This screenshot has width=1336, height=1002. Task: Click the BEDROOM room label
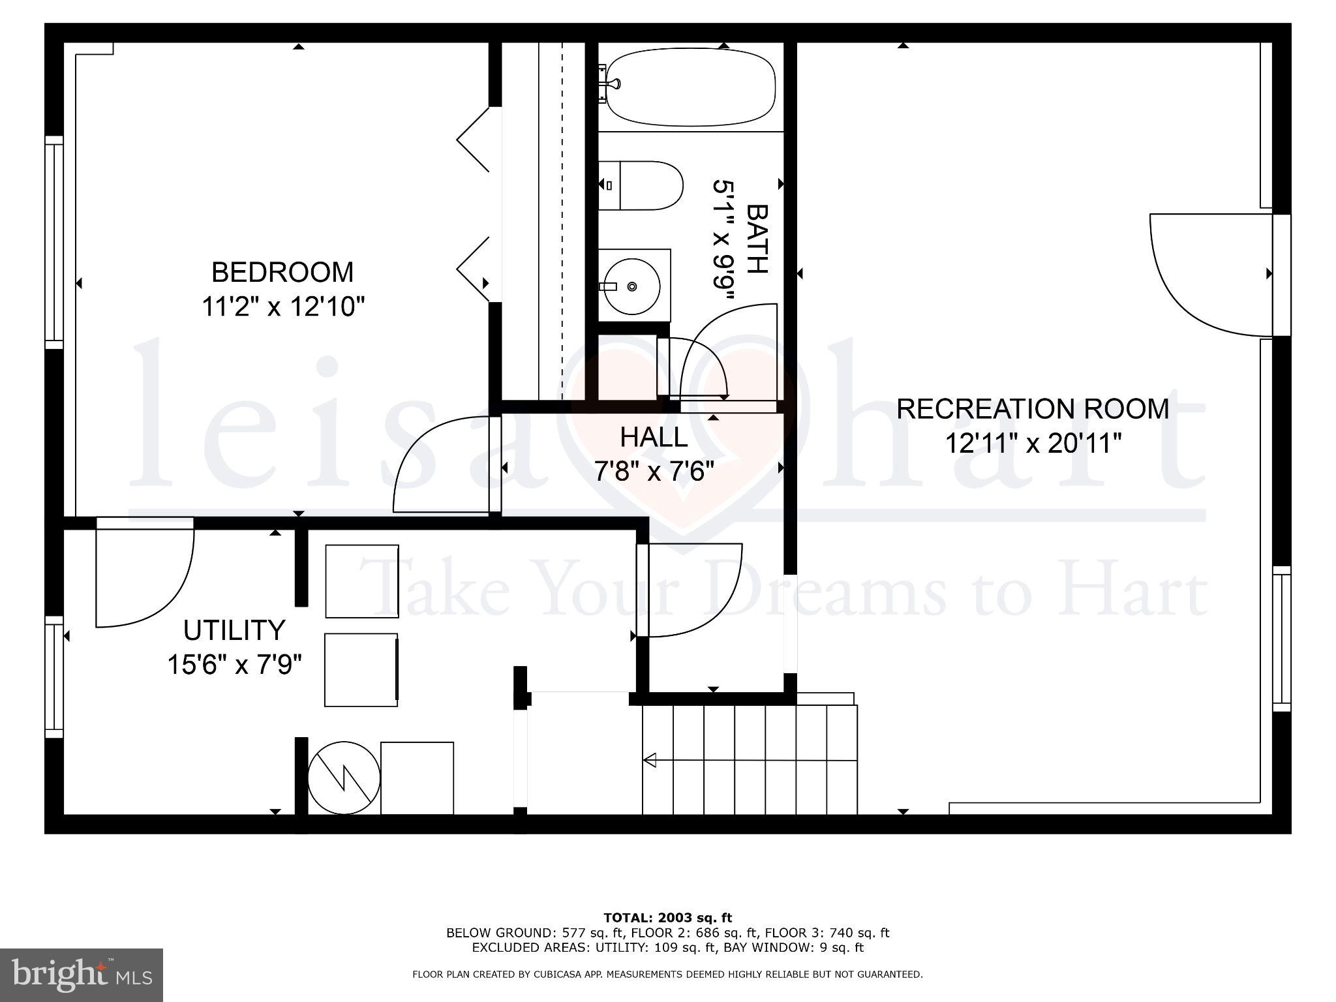pyautogui.click(x=282, y=272)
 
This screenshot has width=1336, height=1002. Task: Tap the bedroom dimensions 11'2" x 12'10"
pyautogui.click(x=282, y=306)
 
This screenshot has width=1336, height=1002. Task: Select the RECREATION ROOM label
pyautogui.click(x=1032, y=409)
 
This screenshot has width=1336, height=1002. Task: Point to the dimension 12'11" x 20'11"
pyautogui.click(x=1033, y=444)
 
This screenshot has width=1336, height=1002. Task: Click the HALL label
pyautogui.click(x=654, y=437)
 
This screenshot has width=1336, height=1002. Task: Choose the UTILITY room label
pyautogui.click(x=234, y=630)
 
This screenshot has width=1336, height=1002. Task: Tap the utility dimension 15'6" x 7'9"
pyautogui.click(x=235, y=665)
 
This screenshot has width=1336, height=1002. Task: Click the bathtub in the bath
pyautogui.click(x=691, y=87)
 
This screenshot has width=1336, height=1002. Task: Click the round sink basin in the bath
pyautogui.click(x=631, y=286)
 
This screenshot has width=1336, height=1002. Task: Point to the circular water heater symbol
pyautogui.click(x=344, y=778)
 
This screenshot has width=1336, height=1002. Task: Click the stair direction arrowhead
pyautogui.click(x=650, y=760)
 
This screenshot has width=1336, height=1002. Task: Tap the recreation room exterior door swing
pyautogui.click(x=1207, y=274)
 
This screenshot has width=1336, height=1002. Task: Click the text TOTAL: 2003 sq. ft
pyautogui.click(x=667, y=918)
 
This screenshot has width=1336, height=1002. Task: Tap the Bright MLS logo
pyautogui.click(x=81, y=975)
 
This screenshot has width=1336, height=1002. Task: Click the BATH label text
pyautogui.click(x=757, y=238)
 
